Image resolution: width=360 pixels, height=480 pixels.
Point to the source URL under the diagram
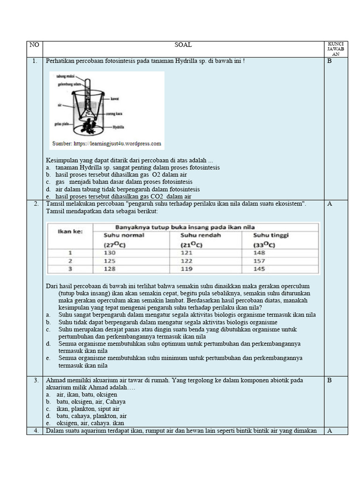click(106, 144)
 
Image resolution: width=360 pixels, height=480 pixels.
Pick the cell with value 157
click(260, 261)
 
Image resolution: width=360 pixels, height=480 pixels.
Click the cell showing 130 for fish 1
click(109, 253)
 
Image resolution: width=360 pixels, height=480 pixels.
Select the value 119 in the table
click(187, 269)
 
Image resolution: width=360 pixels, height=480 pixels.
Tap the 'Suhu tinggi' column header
click(271, 235)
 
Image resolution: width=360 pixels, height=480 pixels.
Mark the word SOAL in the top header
click(183, 45)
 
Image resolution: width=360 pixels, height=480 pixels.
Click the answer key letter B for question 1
click(329, 61)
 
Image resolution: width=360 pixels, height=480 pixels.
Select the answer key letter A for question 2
click(329, 204)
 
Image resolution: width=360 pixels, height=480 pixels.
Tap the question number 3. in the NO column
click(36, 380)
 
